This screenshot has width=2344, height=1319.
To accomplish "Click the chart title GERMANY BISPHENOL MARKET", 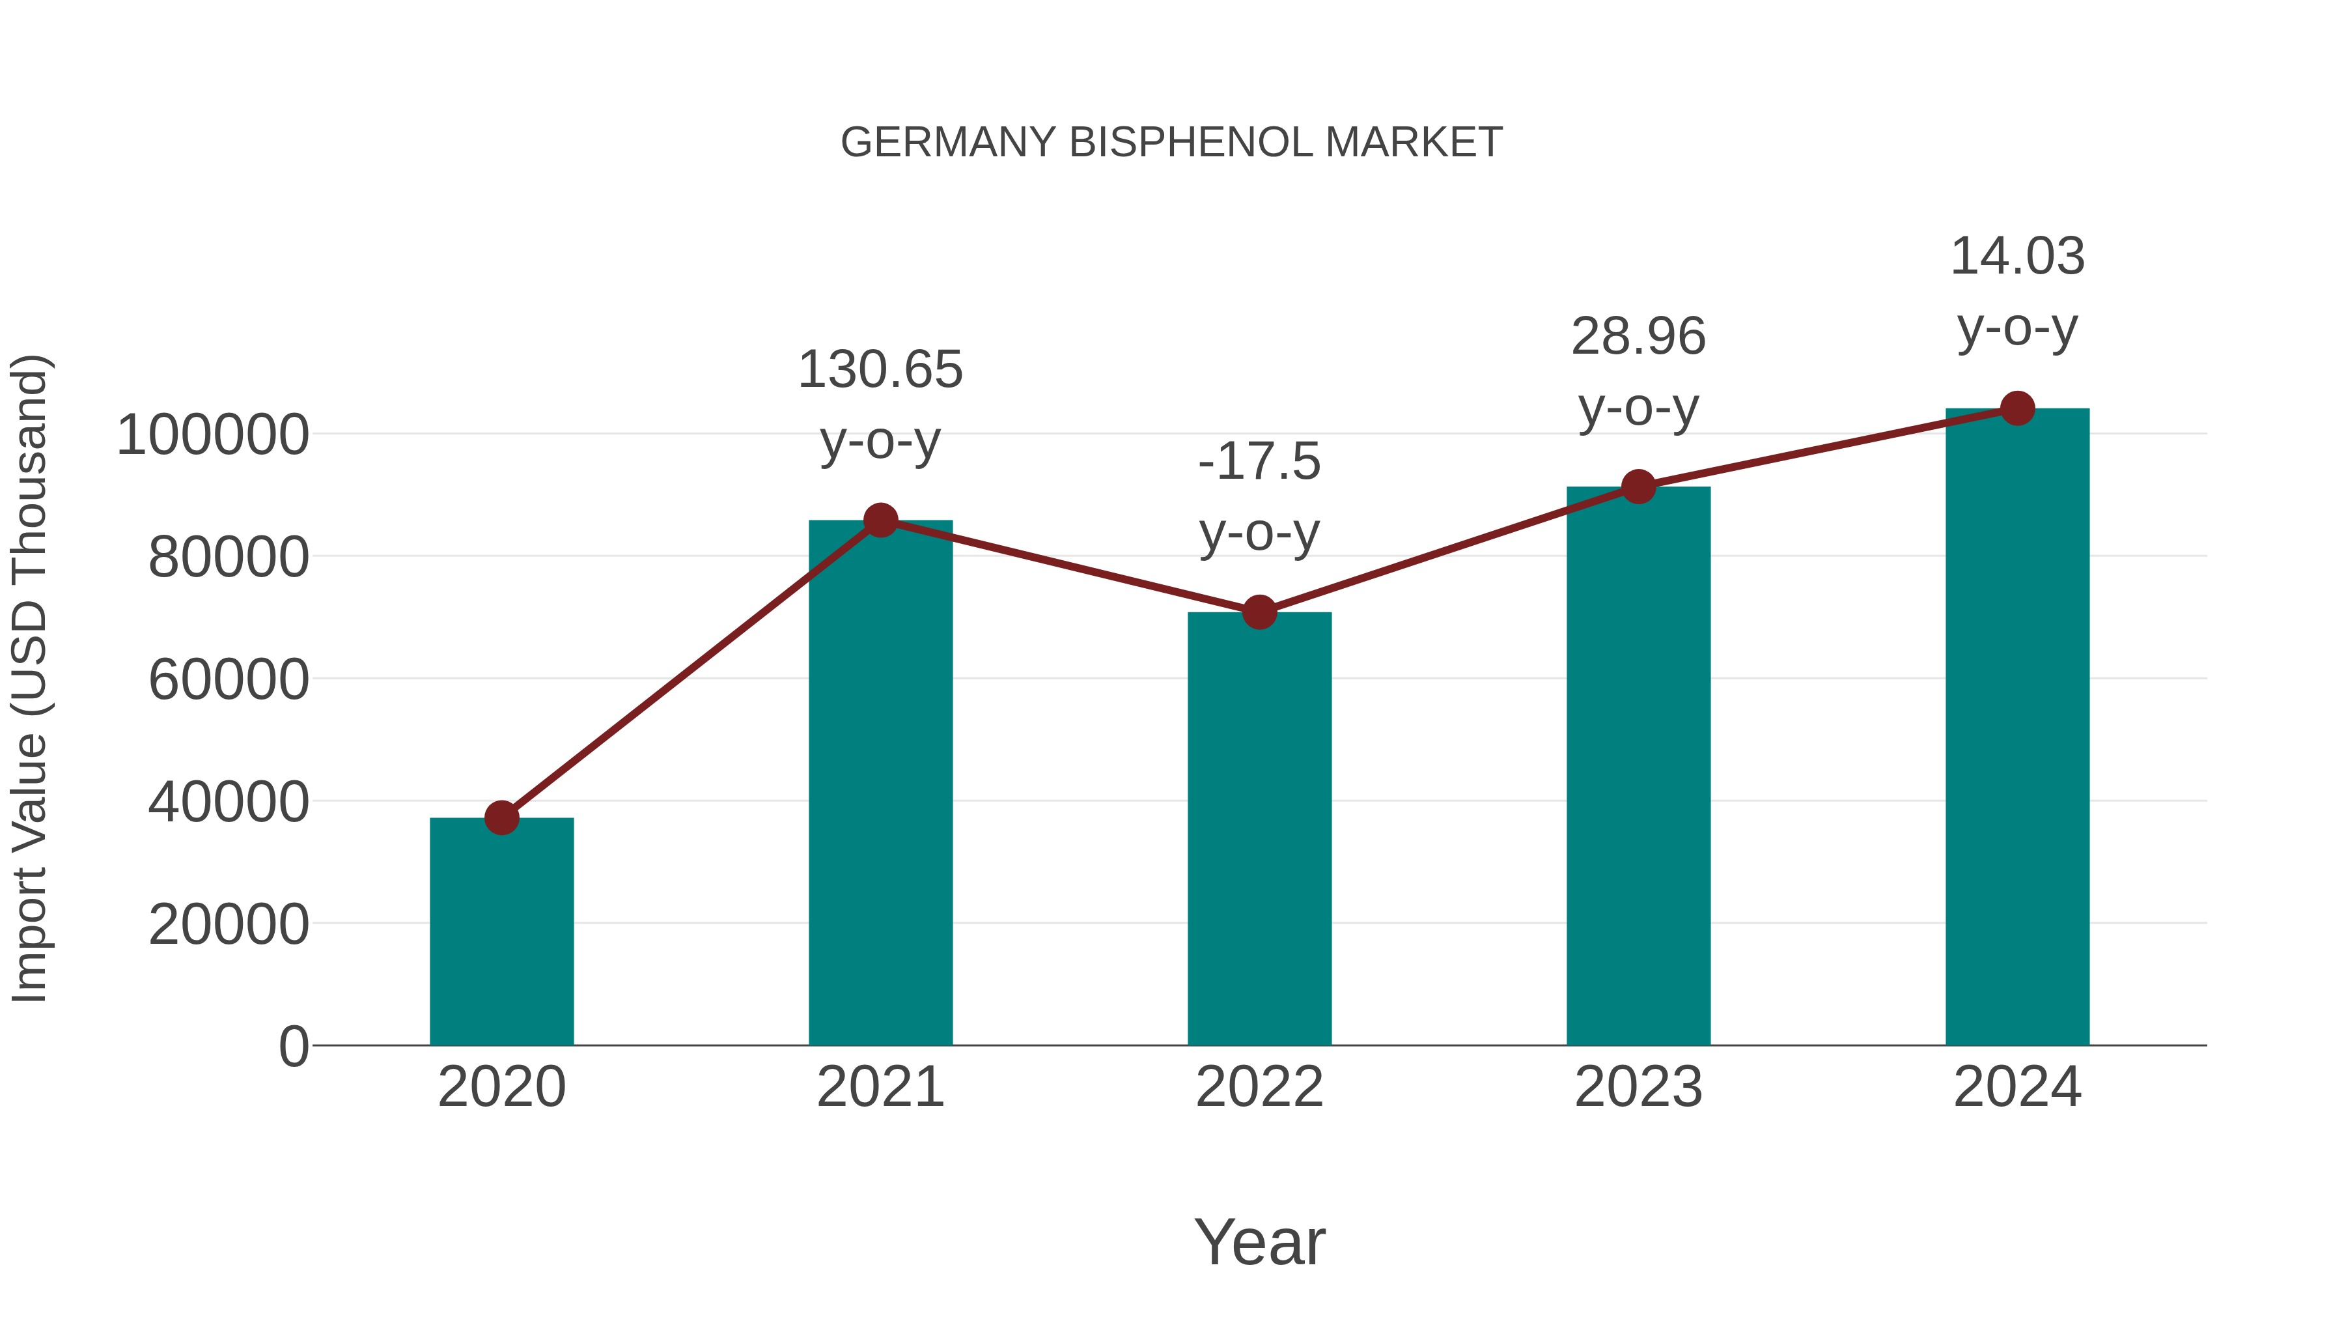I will click(1171, 143).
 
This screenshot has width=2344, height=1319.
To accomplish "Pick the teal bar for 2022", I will click(1259, 829).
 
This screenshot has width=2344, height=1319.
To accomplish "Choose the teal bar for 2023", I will click(1638, 765).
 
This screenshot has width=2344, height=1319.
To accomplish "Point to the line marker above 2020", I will click(501, 817).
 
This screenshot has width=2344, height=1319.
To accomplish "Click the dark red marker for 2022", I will click(1259, 613).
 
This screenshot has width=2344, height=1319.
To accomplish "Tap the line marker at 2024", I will click(2017, 408).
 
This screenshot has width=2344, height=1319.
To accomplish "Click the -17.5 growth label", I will click(1259, 462).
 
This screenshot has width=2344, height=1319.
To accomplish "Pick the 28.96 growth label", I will click(1638, 337).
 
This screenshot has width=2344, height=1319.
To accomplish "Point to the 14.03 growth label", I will click(2017, 257).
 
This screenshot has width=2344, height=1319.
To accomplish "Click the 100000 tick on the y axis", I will click(213, 435).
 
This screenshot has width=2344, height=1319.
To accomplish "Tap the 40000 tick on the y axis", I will click(229, 803).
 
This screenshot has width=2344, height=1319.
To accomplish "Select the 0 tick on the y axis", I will click(293, 1047).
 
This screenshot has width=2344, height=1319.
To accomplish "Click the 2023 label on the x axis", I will click(1638, 1087).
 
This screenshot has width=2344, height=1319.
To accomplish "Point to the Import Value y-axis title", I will click(29, 678).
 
